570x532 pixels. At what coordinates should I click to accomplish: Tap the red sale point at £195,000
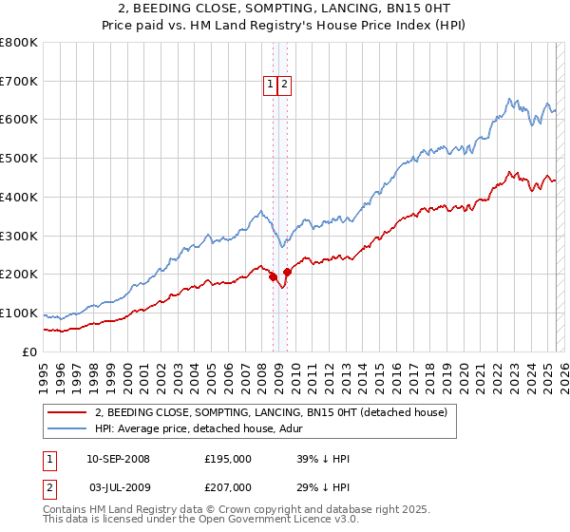273,276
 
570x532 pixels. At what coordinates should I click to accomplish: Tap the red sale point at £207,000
287,272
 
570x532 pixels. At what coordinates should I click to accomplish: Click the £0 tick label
30,352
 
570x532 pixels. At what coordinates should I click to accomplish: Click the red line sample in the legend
67,412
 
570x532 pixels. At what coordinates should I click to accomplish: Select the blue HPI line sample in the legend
67,428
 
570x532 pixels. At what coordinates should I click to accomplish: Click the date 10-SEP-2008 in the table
118,459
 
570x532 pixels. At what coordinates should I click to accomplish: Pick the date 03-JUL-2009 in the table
117,487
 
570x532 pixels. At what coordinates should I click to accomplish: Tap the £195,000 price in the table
228,459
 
